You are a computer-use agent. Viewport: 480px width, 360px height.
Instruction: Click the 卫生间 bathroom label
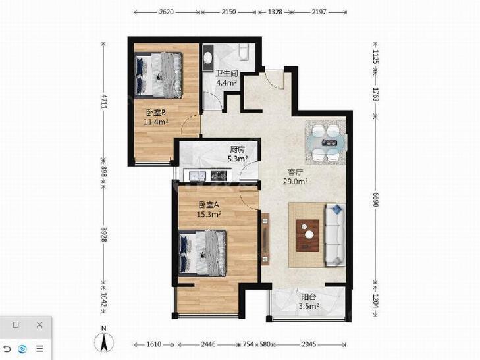pyautogui.click(x=227, y=74)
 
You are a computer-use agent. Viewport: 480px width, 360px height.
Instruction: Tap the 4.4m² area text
pyautogui.click(x=227, y=82)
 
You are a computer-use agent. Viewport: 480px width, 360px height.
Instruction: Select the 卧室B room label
pyautogui.click(x=156, y=113)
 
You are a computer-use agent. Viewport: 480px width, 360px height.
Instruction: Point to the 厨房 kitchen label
pyautogui.click(x=238, y=149)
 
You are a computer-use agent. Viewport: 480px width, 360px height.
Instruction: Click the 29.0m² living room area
pyautogui.click(x=295, y=182)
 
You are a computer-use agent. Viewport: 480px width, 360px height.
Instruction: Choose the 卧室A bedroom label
pyautogui.click(x=209, y=205)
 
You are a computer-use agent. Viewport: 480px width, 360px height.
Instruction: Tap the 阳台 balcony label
pyautogui.click(x=309, y=297)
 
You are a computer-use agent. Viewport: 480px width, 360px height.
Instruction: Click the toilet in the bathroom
pyautogui.click(x=244, y=52)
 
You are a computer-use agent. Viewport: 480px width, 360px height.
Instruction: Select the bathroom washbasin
pyautogui.click(x=209, y=57)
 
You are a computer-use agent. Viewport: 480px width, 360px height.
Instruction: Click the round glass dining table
pyautogui.click(x=327, y=143)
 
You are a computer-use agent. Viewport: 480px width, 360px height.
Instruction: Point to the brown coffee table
pyautogui.click(x=307, y=236)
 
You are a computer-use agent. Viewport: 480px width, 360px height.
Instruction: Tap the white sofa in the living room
pyautogui.click(x=335, y=234)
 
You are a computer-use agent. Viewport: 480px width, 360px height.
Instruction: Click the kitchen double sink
pyautogui.click(x=198, y=176)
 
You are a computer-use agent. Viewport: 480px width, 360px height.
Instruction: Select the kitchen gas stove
pyautogui.click(x=219, y=176)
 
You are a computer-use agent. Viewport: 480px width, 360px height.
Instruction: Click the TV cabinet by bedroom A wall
pyautogui.click(x=265, y=238)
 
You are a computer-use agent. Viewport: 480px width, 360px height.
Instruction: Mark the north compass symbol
pyautogui.click(x=104, y=340)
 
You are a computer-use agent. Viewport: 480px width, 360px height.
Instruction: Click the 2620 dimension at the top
pyautogui.click(x=167, y=12)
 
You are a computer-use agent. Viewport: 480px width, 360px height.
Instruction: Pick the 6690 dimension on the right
pyautogui.click(x=375, y=199)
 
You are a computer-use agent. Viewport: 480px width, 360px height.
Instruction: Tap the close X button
pyautogui.click(x=40, y=325)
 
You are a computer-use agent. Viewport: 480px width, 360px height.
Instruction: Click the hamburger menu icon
pyautogui.click(x=40, y=349)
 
